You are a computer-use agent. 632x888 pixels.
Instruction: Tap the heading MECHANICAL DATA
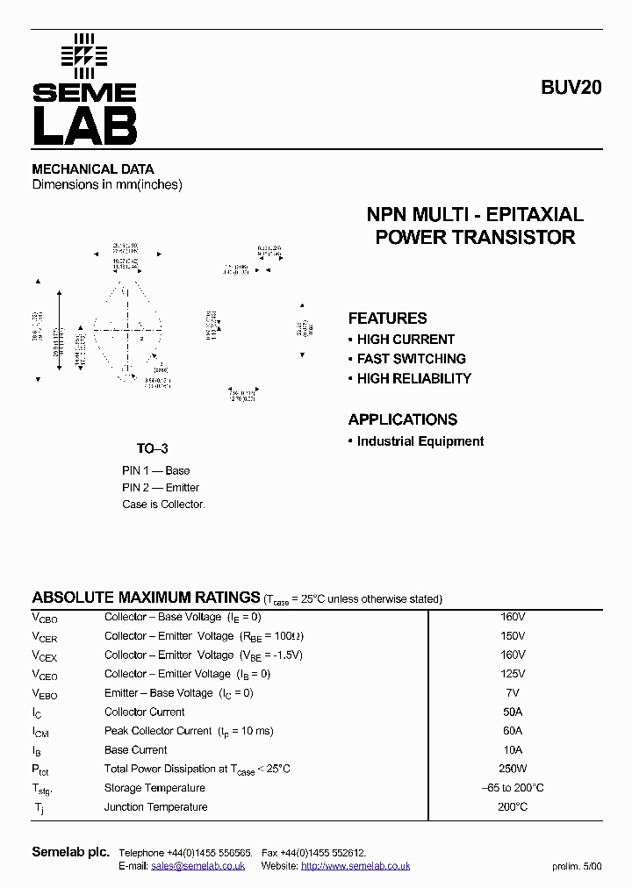point(93,169)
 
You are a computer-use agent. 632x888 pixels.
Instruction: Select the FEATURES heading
point(387,319)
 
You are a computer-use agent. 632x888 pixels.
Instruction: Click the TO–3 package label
point(152,448)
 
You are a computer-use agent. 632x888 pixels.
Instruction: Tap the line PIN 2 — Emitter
point(161,488)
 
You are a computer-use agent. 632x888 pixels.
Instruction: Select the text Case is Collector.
point(163,505)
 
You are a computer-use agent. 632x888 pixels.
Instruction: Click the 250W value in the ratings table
point(513,769)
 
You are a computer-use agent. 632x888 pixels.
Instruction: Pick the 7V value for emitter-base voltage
point(513,692)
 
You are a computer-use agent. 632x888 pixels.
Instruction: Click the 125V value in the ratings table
point(513,674)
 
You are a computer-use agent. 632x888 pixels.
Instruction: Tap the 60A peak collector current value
point(513,731)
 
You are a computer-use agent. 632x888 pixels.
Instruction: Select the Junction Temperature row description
point(156,807)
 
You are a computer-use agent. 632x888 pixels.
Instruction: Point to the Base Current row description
point(136,750)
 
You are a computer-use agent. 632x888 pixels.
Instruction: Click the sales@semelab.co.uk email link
point(197,866)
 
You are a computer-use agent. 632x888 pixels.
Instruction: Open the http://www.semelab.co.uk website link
point(355,866)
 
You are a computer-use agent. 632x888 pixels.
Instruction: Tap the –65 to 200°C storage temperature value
point(513,788)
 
